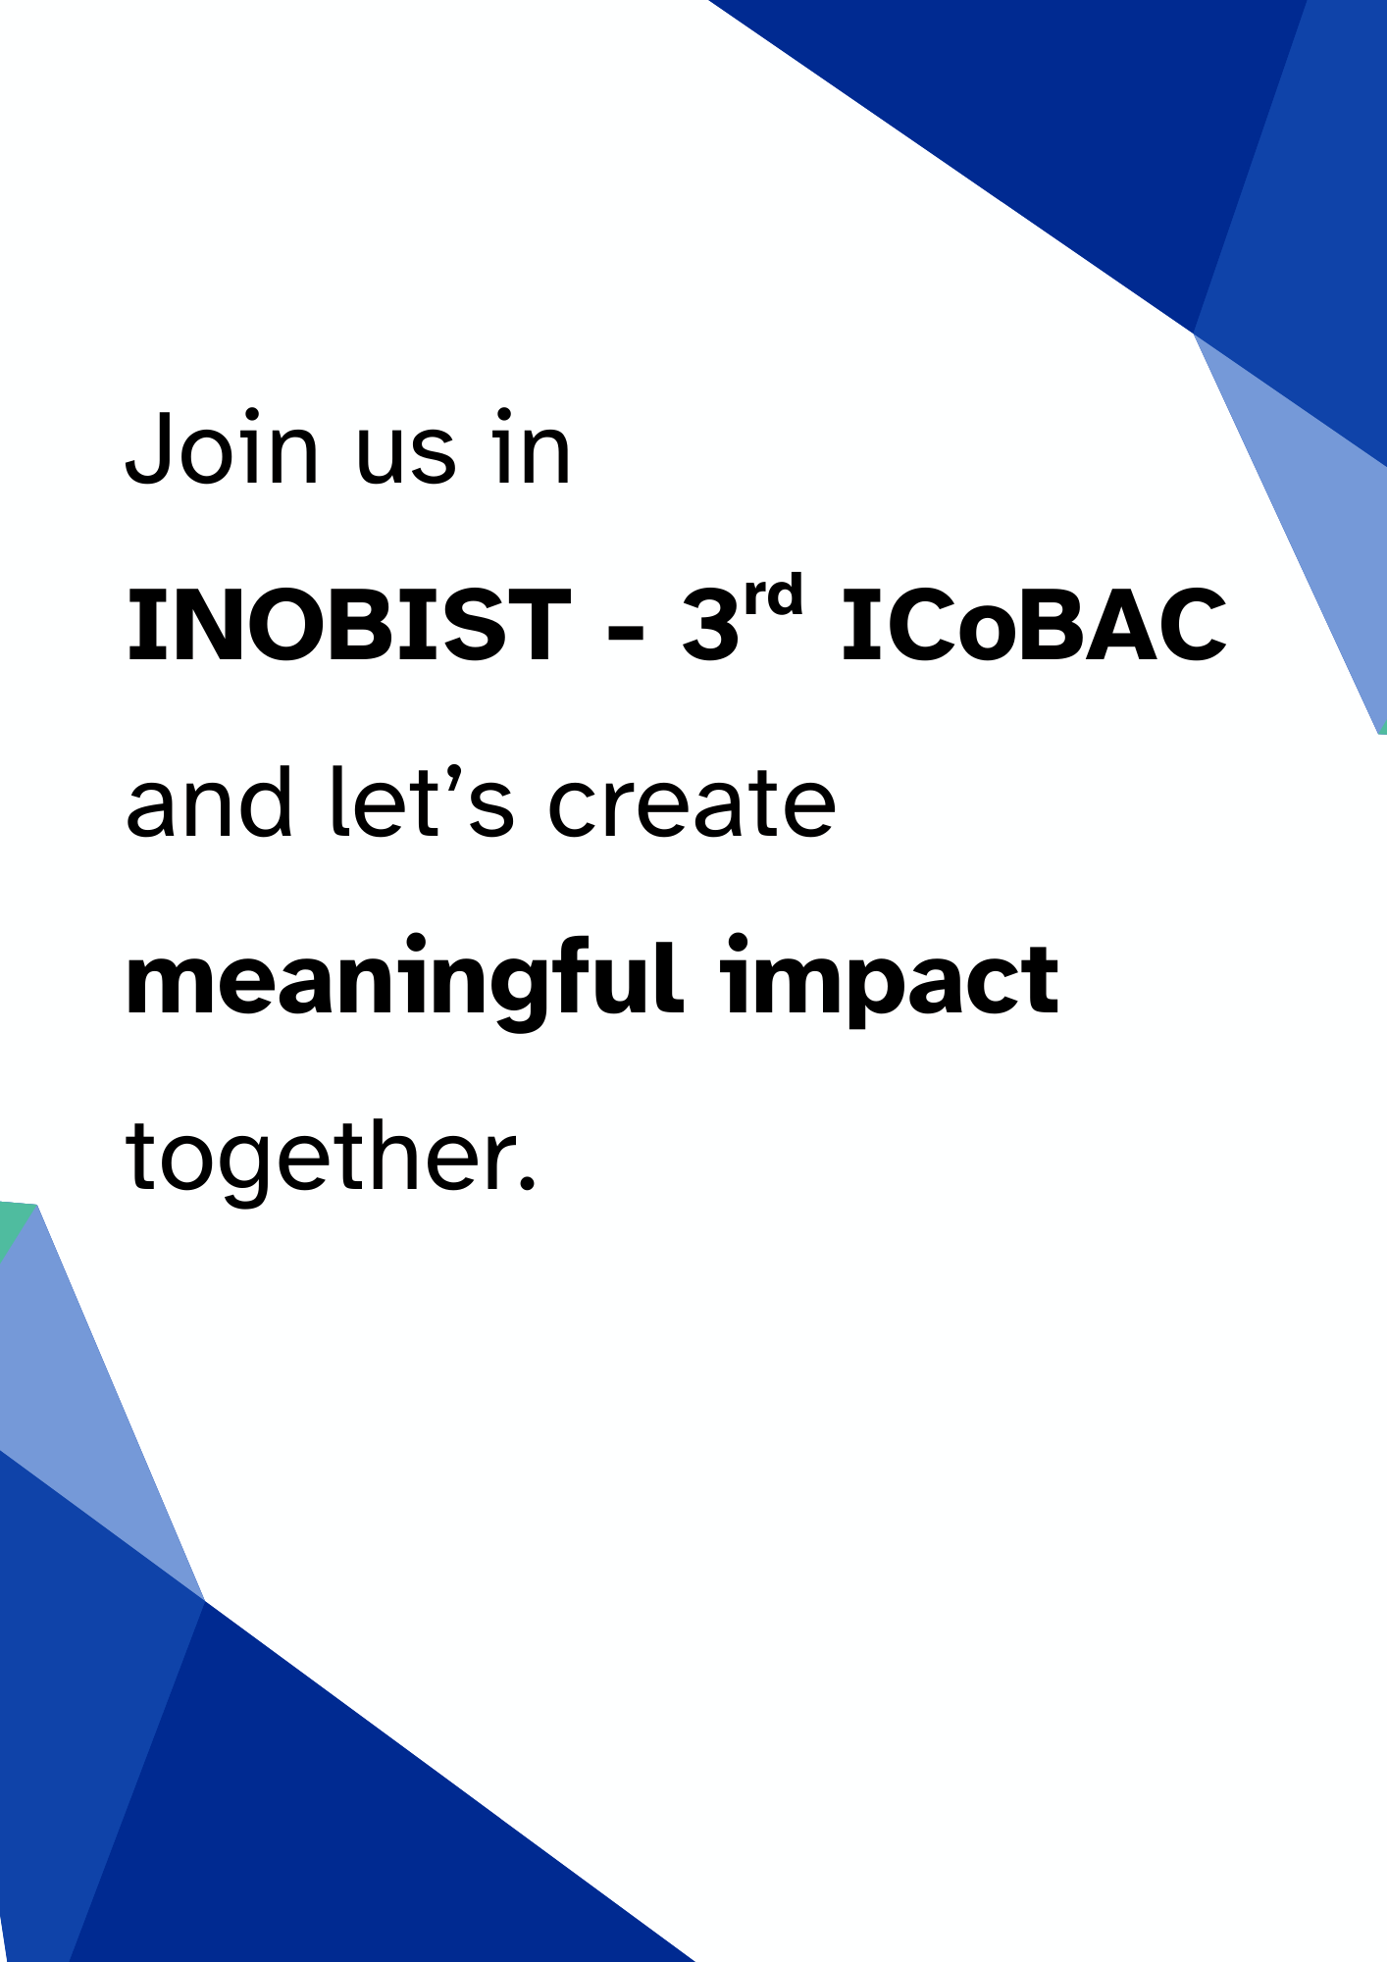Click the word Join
(x=223, y=447)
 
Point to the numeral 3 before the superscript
(x=710, y=625)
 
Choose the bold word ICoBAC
(x=1034, y=625)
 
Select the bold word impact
(x=890, y=981)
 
